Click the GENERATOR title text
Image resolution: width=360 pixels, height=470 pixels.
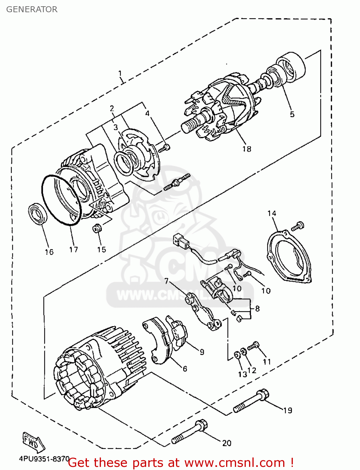[32, 9]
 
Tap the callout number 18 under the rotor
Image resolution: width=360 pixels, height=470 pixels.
[247, 149]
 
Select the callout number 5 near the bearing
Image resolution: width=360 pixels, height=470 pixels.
[292, 114]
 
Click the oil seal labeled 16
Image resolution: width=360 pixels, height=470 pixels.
[38, 214]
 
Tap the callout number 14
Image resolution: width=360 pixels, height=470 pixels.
[272, 213]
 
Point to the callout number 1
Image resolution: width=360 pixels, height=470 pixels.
[120, 74]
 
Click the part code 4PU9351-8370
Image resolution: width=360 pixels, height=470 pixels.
[44, 459]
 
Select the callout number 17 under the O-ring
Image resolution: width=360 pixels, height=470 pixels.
[73, 249]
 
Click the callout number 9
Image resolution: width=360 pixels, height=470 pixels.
[202, 352]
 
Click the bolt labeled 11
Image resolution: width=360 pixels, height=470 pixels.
[253, 346]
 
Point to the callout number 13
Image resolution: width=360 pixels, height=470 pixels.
[242, 374]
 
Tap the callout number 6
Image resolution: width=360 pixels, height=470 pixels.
[185, 369]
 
